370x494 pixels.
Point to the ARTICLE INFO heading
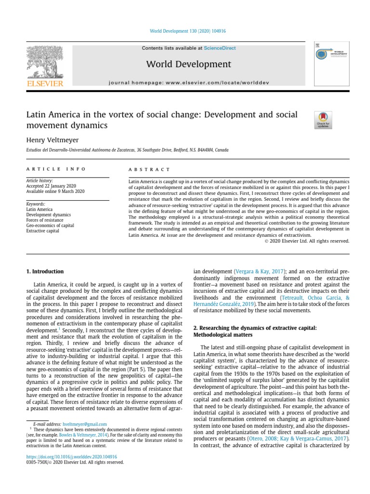(x=56, y=169)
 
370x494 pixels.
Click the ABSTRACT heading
(x=149, y=169)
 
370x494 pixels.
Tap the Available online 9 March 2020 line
(x=55, y=192)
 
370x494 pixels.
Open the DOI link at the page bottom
(x=71, y=456)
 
